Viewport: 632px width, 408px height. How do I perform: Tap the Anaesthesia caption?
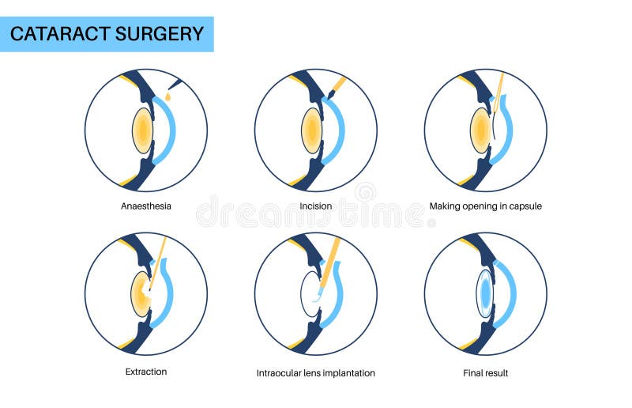tap(145, 206)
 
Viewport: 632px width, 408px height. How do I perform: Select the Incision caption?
tap(315, 206)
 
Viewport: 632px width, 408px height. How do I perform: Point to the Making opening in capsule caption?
tap(485, 206)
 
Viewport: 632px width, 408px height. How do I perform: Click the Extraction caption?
tap(145, 371)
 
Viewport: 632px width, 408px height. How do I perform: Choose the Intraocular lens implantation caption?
tap(315, 372)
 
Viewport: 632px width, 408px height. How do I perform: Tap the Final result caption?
tap(485, 372)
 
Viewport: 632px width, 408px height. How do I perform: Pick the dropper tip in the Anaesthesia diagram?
tap(175, 83)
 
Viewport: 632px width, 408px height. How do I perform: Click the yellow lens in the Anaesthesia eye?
tap(142, 130)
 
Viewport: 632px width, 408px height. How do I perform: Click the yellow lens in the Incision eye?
tap(312, 130)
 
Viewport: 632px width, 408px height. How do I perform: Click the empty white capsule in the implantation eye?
tap(309, 294)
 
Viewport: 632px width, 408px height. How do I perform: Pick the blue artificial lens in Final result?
tap(484, 293)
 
